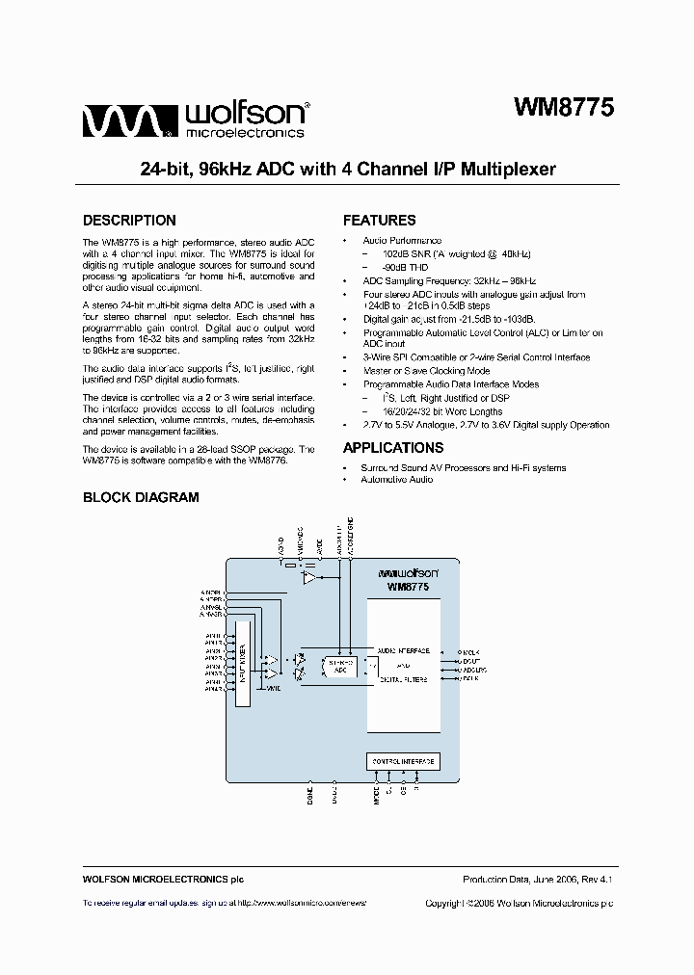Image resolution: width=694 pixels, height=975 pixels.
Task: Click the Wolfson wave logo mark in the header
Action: click(x=126, y=121)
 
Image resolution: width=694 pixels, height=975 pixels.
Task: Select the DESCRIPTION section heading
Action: click(x=129, y=220)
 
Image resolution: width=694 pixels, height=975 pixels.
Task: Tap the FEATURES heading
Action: click(x=379, y=220)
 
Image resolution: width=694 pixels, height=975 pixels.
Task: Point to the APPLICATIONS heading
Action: click(x=393, y=447)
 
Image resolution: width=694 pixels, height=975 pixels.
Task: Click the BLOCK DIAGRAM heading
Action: click(x=141, y=497)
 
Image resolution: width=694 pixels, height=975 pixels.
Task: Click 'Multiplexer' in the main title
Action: click(x=508, y=169)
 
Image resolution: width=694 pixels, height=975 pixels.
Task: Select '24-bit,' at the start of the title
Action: click(x=166, y=169)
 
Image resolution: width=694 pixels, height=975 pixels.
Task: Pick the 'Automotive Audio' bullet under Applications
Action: click(x=397, y=479)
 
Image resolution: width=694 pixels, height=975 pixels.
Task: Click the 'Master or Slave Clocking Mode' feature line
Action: click(x=426, y=370)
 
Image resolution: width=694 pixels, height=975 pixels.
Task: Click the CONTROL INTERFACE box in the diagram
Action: click(x=403, y=761)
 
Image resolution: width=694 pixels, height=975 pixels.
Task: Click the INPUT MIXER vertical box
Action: click(x=242, y=662)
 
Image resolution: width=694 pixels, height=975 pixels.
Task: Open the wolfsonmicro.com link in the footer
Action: click(x=301, y=903)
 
